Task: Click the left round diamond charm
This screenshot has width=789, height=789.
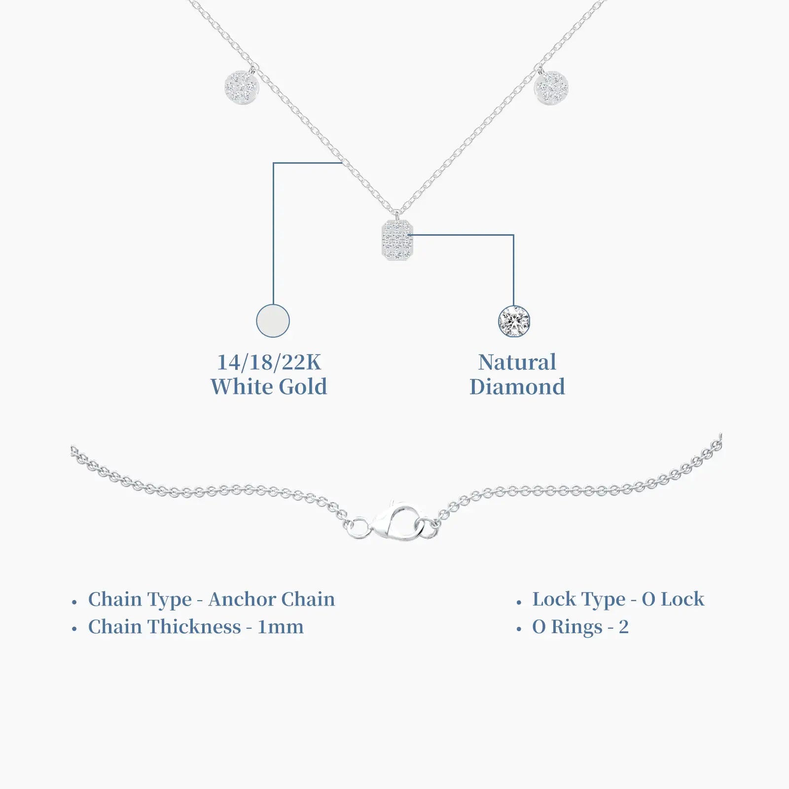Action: [241, 87]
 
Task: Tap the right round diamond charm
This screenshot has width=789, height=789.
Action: [552, 88]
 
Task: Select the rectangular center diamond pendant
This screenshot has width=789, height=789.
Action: [397, 240]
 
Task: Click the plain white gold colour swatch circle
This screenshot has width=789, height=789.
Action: [273, 321]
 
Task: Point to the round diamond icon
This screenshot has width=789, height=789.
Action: [514, 321]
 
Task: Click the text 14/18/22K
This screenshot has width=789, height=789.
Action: [269, 362]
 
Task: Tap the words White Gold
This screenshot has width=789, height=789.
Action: [269, 387]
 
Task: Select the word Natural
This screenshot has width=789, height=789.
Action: [517, 362]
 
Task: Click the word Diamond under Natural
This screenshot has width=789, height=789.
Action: [517, 387]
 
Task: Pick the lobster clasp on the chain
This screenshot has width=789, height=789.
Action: [394, 522]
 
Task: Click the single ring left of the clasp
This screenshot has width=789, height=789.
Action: [358, 528]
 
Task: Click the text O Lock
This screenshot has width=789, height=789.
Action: [673, 599]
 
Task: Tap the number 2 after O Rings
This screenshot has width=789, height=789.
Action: [624, 627]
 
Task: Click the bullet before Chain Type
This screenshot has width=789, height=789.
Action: [74, 602]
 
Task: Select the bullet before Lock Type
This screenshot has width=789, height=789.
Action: [519, 602]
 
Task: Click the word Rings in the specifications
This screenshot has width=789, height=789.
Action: [577, 628]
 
